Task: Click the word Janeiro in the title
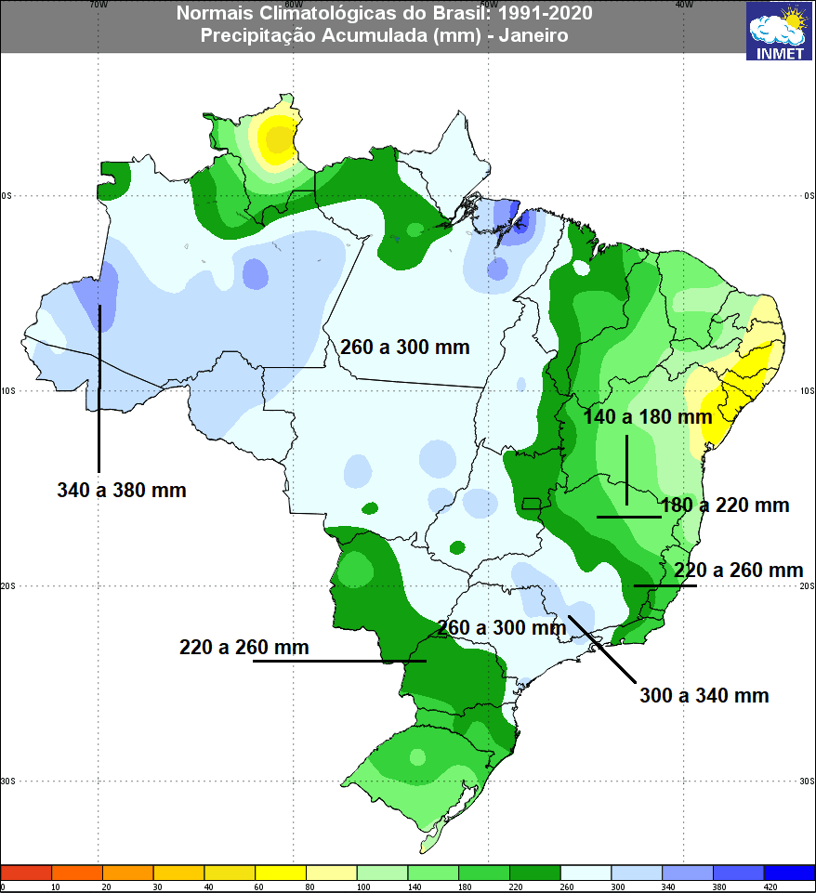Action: click(533, 35)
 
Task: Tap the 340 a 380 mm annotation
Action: click(121, 491)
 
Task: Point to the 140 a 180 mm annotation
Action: click(648, 417)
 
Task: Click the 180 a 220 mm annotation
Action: click(725, 506)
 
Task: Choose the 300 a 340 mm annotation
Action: click(704, 695)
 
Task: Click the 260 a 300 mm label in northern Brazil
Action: click(404, 348)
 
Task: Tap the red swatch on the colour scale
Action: click(26, 873)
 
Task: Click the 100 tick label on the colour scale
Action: click(357, 887)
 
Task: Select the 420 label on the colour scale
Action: click(764, 887)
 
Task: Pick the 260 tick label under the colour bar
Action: click(560, 887)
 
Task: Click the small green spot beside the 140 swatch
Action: click(433, 873)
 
